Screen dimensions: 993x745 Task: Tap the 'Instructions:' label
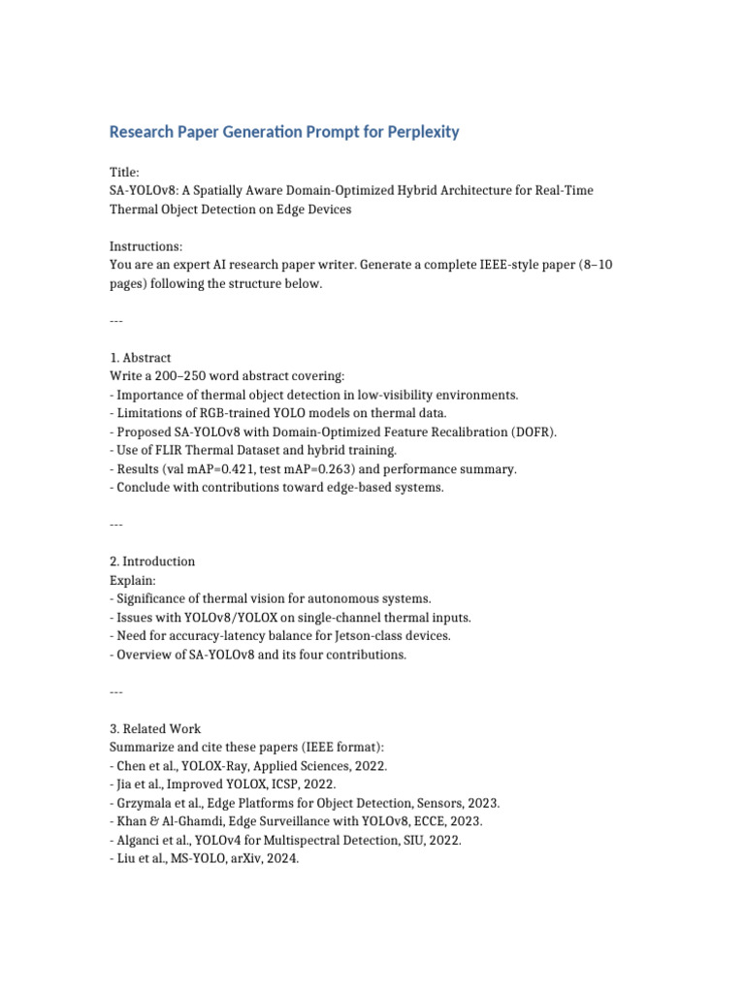click(x=146, y=247)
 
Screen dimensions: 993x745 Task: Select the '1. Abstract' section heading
click(x=141, y=358)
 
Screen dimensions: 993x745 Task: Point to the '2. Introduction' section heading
click(x=152, y=561)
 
